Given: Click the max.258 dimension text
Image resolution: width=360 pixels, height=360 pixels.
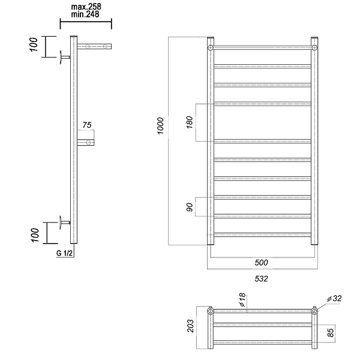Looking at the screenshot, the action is click(x=86, y=7).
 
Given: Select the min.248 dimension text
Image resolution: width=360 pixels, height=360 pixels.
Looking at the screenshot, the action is click(x=85, y=14).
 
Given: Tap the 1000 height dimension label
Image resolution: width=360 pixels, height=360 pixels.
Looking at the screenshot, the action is click(x=160, y=126).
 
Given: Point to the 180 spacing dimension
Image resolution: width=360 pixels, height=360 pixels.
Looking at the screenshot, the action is click(x=190, y=122).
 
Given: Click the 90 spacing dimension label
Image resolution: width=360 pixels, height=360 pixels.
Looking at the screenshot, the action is click(x=190, y=207).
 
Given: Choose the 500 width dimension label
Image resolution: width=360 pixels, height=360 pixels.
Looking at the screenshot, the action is click(x=261, y=262).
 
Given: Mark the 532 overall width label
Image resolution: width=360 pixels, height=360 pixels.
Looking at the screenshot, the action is click(x=261, y=279).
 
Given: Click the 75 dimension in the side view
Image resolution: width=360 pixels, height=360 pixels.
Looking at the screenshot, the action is click(x=87, y=125).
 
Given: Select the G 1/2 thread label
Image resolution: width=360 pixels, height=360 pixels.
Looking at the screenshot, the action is click(x=64, y=253).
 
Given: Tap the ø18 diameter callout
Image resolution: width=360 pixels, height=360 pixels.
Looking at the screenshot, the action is click(x=242, y=300).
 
